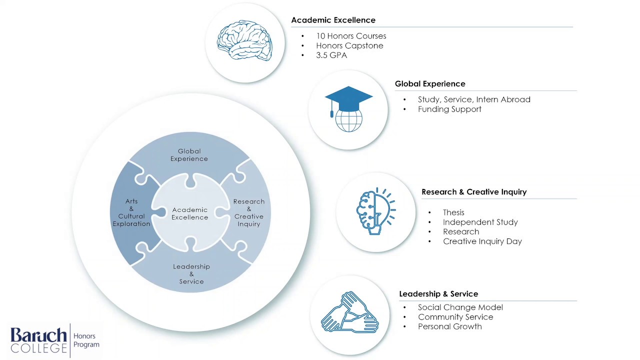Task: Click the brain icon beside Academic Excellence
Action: click(x=244, y=41)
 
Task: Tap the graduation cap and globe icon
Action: click(x=348, y=109)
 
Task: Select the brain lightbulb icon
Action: click(x=376, y=211)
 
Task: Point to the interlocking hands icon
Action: click(x=349, y=313)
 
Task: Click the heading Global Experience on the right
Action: click(x=430, y=84)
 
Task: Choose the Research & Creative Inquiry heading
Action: click(x=474, y=192)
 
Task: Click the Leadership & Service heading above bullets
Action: click(x=438, y=294)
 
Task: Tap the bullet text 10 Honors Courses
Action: click(x=351, y=36)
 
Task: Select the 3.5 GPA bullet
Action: click(x=331, y=55)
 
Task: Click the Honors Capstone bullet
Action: click(x=349, y=45)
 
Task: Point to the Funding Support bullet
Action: click(x=449, y=109)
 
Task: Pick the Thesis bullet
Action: click(x=453, y=212)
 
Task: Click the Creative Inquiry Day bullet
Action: click(x=482, y=241)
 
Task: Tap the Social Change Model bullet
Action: click(x=460, y=307)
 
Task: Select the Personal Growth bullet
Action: click(x=450, y=326)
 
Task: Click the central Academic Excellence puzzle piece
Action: click(x=190, y=213)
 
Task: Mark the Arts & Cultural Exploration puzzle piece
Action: click(x=131, y=212)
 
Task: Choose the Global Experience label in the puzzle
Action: click(x=189, y=155)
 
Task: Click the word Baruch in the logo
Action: click(x=38, y=334)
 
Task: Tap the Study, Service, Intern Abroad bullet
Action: click(x=474, y=99)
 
